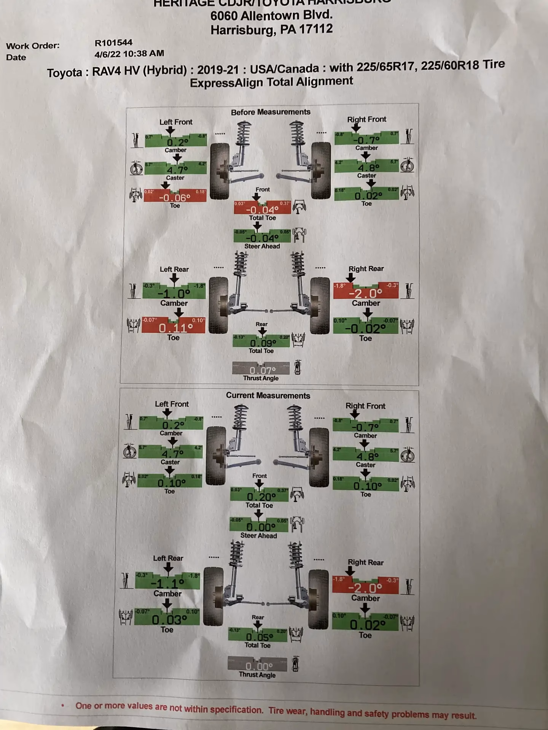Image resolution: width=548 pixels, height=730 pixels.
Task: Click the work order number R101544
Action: coord(113,43)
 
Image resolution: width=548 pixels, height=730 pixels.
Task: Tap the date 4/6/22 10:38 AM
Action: coord(129,54)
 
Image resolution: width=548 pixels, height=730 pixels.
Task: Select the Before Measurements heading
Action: coord(271,112)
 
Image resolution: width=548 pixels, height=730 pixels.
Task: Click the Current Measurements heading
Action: coord(268,395)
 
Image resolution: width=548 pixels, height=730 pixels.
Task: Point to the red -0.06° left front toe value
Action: coord(175,197)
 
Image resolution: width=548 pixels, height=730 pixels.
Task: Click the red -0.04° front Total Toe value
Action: coord(262,209)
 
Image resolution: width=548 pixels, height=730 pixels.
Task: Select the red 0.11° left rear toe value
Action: coord(175,327)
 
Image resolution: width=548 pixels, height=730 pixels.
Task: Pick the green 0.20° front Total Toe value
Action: coord(261,497)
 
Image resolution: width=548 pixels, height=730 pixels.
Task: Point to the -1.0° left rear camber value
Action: coord(174,294)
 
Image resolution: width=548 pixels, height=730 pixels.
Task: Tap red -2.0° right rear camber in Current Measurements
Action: coord(365,588)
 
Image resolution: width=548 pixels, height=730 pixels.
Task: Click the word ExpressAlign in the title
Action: coord(226,83)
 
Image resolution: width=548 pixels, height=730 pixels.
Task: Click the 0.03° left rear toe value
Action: coord(169,620)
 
